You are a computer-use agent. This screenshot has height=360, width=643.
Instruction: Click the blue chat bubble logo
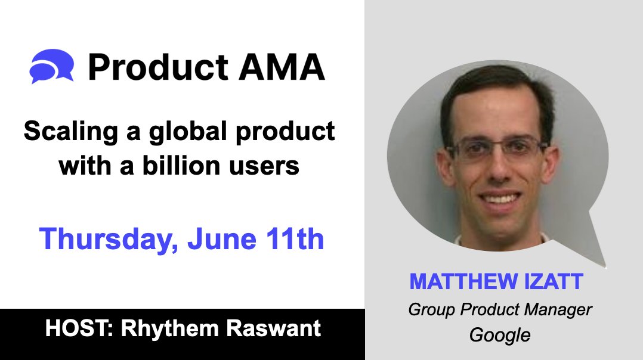click(x=52, y=67)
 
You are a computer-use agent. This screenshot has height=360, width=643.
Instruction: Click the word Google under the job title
click(x=500, y=335)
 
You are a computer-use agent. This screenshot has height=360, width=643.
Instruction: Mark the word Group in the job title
click(x=431, y=310)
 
